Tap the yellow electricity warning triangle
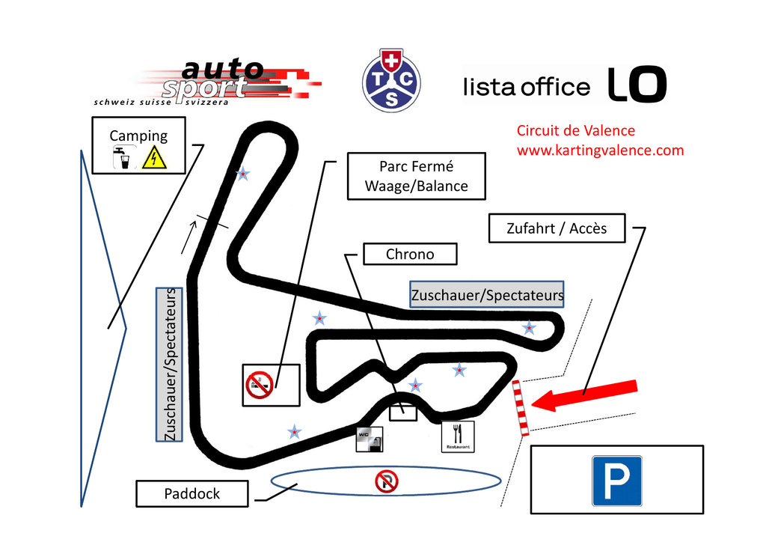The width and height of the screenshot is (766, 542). click(x=153, y=158)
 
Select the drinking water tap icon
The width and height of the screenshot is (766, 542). click(x=122, y=158)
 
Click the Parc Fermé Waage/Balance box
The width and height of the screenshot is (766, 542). click(x=416, y=177)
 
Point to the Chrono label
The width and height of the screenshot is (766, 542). click(x=409, y=255)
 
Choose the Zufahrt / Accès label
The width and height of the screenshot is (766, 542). click(x=557, y=228)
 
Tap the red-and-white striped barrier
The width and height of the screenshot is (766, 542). click(x=521, y=408)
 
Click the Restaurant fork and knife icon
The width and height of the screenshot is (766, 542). click(x=458, y=436)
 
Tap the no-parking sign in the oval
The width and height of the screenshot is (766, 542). click(x=386, y=482)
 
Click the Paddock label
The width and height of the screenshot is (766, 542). click(x=192, y=493)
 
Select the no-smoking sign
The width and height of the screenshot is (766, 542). click(x=259, y=385)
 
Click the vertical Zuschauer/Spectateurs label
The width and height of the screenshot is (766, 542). click(x=170, y=365)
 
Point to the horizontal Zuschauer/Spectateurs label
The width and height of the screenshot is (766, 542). click(x=486, y=295)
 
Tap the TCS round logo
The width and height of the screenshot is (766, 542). click(x=391, y=80)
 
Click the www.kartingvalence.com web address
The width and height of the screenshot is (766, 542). click(x=600, y=150)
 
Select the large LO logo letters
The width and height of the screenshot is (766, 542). click(x=636, y=84)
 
